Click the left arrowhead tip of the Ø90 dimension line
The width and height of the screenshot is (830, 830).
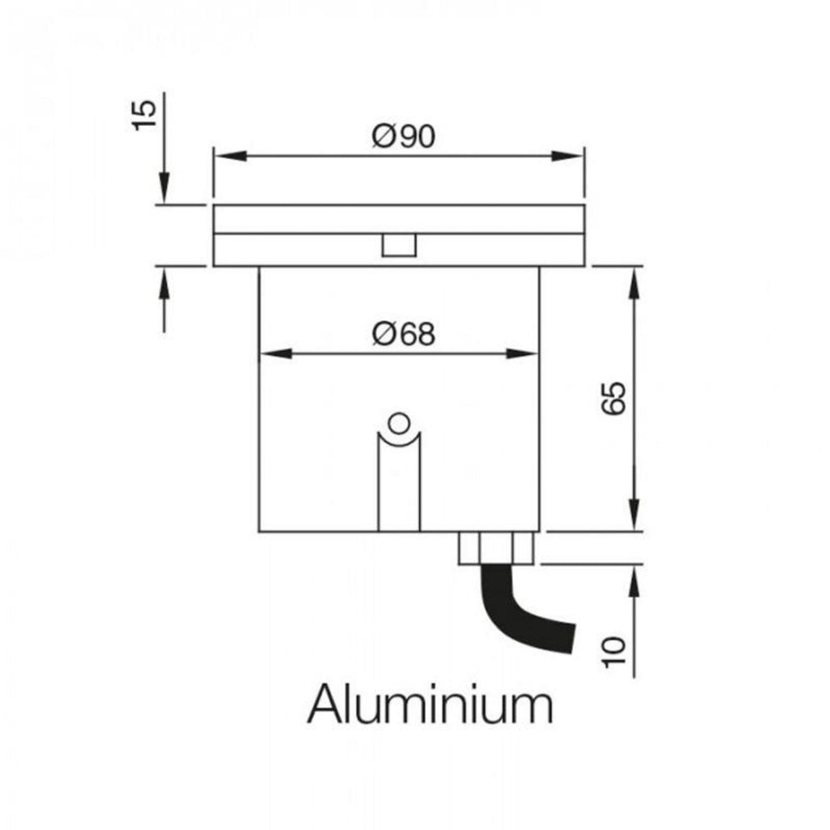(x=215, y=156)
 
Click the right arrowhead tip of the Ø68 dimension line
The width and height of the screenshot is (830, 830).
(x=538, y=353)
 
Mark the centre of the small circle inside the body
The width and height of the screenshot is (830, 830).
(x=399, y=423)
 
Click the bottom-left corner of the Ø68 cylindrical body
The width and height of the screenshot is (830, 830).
(x=259, y=532)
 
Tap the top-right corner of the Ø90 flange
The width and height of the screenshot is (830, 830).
(x=584, y=205)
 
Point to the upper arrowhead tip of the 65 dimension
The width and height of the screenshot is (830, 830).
(x=635, y=267)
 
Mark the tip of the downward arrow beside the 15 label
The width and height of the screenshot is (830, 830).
(x=164, y=203)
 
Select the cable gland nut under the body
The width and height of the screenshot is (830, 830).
(x=496, y=548)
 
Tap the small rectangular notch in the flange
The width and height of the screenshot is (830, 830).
(x=399, y=245)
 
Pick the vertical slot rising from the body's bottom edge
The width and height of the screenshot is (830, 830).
(x=399, y=481)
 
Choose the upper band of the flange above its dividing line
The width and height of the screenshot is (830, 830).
(x=399, y=219)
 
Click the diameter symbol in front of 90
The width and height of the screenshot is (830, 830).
(x=383, y=136)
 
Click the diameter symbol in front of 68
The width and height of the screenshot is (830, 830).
(x=383, y=335)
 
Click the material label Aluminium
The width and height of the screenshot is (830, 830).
(x=430, y=704)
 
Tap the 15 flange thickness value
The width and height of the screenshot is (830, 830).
(x=144, y=114)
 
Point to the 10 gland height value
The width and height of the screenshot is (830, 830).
(x=614, y=652)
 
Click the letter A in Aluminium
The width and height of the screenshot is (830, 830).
(x=324, y=704)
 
